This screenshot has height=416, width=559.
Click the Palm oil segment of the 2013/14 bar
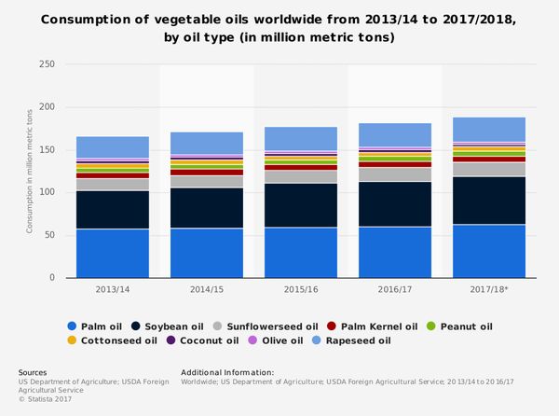tap(113, 253)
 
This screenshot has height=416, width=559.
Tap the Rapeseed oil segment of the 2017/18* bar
tap(489, 130)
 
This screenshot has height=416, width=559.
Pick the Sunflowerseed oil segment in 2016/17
tap(395, 174)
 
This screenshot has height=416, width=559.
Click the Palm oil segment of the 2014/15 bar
tap(207, 253)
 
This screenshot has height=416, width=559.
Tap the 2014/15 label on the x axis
tap(207, 290)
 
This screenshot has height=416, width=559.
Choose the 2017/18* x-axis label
tap(489, 290)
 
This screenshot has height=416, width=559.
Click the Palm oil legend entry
tap(96, 326)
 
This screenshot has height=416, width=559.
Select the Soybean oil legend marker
tap(136, 326)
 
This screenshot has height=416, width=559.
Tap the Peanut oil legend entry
tap(460, 326)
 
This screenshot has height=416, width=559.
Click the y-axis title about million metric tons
tap(31, 172)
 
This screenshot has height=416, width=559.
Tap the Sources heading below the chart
tap(34, 372)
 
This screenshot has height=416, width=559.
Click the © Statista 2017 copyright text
tap(46, 399)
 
